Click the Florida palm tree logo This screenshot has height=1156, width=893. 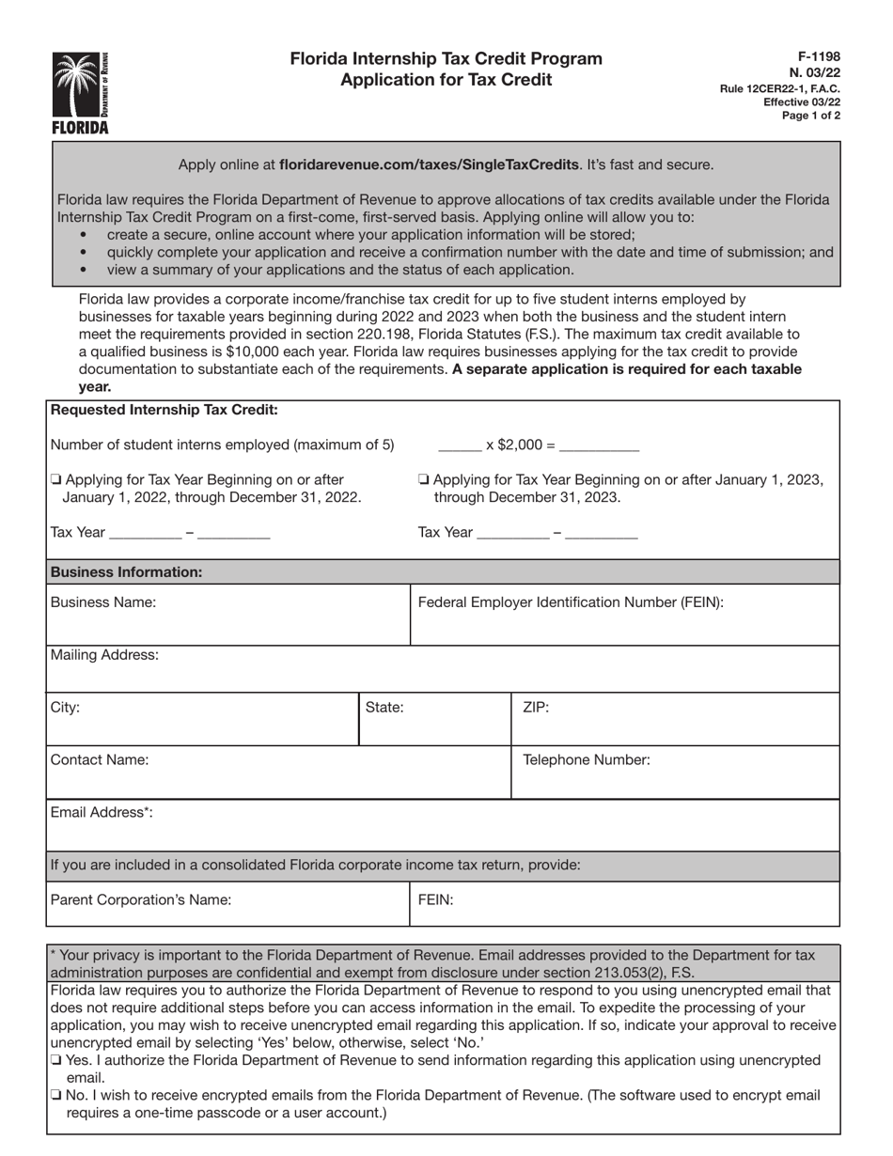click(81, 91)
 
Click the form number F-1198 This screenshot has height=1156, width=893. click(822, 57)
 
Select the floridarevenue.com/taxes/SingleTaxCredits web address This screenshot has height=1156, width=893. click(429, 164)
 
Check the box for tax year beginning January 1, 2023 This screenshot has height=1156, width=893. click(423, 480)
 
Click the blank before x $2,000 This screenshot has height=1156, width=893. click(460, 445)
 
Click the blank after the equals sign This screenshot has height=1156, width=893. click(599, 445)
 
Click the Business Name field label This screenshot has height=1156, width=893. click(103, 602)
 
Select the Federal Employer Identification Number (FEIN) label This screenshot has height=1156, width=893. click(570, 602)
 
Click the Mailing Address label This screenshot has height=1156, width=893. click(104, 655)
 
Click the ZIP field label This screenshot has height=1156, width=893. click(536, 708)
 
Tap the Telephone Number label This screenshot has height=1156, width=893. click(586, 760)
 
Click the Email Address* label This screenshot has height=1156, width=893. click(102, 813)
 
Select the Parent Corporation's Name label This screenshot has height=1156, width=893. click(140, 899)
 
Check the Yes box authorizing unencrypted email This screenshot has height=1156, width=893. click(56, 1060)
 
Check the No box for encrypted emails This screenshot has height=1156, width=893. click(56, 1095)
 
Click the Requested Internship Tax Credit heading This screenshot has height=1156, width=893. click(164, 410)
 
